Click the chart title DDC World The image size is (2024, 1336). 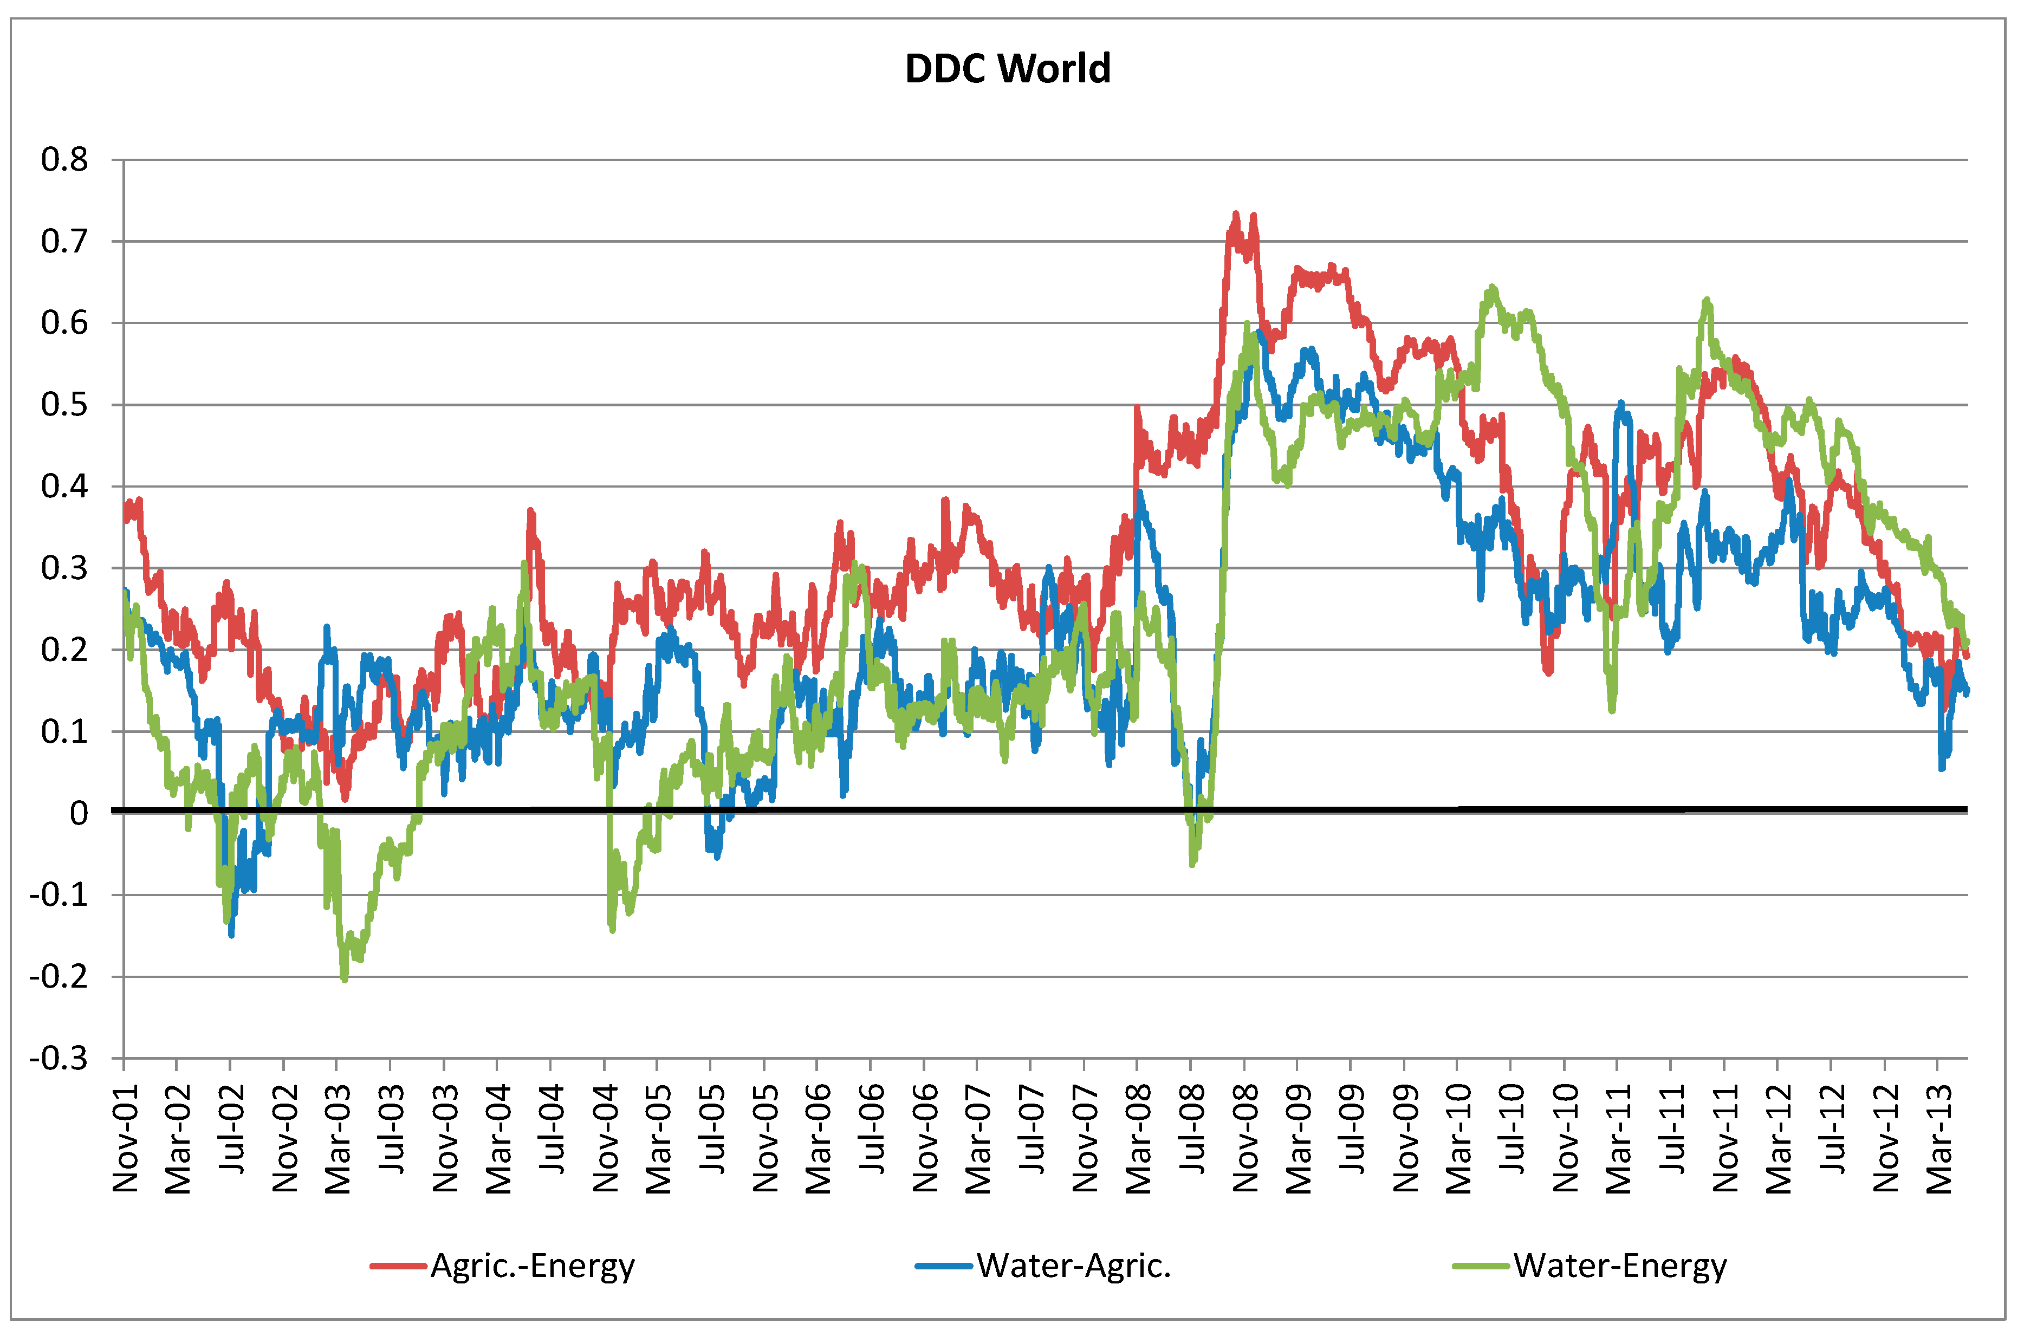[x=1007, y=69]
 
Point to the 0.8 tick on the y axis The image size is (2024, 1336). [x=65, y=159]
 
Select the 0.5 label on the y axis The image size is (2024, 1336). [x=65, y=405]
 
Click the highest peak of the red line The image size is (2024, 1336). [x=1235, y=214]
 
